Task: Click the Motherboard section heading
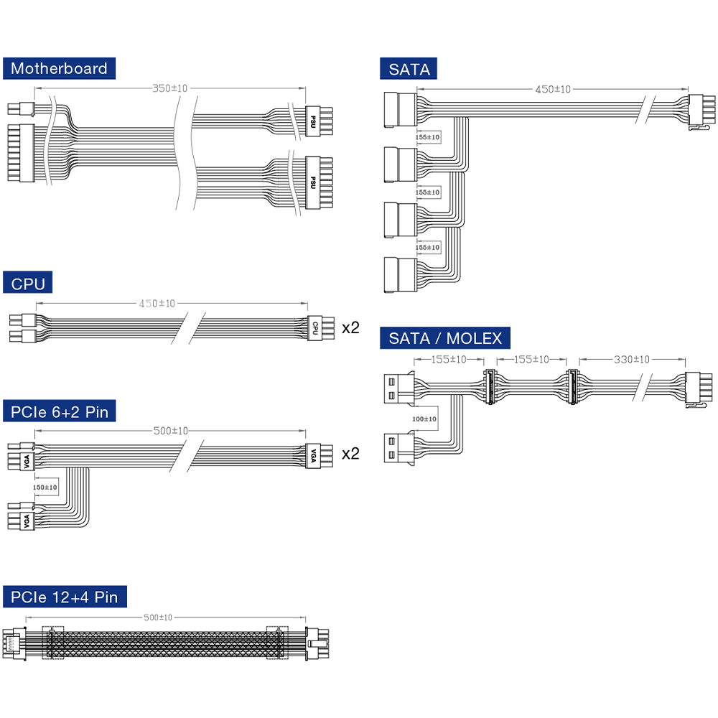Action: coord(59,69)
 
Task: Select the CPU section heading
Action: coord(28,284)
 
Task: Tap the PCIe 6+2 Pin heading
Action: coord(60,412)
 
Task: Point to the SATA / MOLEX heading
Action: coord(445,338)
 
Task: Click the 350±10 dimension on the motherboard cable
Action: coord(169,88)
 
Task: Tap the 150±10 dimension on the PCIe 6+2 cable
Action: coord(45,487)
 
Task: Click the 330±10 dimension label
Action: coord(631,359)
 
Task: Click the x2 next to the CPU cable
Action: coord(350,328)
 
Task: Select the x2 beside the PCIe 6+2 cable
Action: coord(350,454)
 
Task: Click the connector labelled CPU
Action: coord(314,328)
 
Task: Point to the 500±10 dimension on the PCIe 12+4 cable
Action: coord(158,617)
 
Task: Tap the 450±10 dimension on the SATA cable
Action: coord(553,89)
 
